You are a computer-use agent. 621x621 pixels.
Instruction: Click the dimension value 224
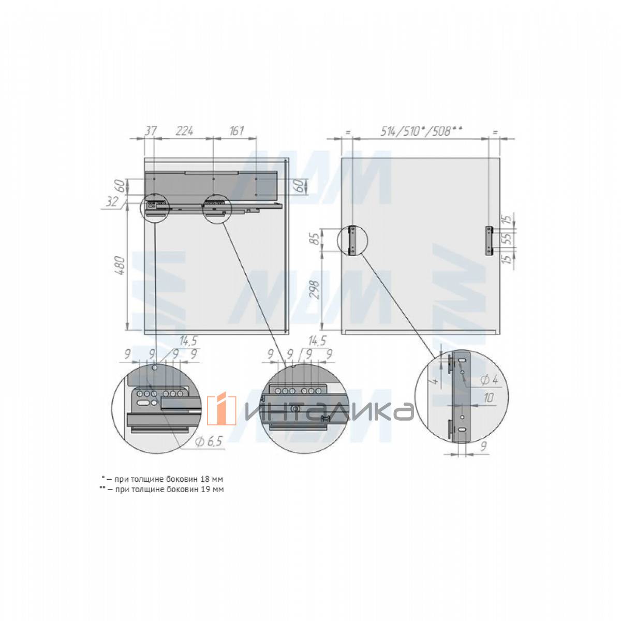click(x=184, y=131)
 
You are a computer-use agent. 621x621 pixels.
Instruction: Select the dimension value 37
click(x=150, y=131)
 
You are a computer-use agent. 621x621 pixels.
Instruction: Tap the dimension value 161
click(x=237, y=131)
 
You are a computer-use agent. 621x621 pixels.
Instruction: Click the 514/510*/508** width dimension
click(x=422, y=131)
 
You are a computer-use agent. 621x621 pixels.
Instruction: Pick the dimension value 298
click(x=315, y=290)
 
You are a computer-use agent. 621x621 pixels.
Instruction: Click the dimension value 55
click(x=508, y=239)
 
